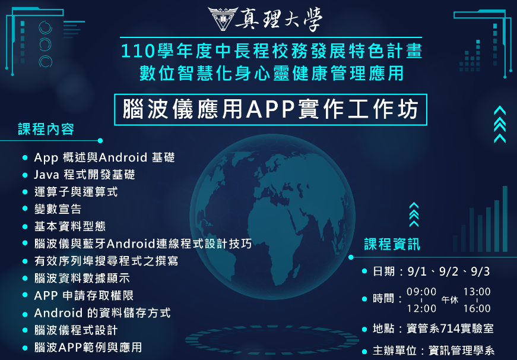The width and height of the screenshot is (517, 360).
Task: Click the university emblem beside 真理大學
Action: point(223,18)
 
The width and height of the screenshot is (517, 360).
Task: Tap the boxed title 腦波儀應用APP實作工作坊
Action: point(270,109)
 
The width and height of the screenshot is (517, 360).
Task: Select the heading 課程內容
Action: point(46,129)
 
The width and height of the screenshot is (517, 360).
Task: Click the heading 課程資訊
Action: point(392,244)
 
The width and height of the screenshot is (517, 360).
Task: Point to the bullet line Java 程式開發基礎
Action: point(84,175)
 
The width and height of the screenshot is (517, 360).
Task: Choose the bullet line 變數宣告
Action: point(58,209)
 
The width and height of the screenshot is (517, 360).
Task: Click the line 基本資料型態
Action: point(69,226)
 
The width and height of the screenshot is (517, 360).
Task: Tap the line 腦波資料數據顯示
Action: point(82,278)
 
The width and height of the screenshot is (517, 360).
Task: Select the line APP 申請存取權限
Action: point(84,295)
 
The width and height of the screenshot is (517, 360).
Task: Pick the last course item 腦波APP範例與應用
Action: point(88,347)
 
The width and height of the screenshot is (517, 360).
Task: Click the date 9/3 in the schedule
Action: point(480,271)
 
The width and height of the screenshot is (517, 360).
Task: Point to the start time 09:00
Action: point(421,292)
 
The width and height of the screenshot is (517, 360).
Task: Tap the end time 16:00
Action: point(477,308)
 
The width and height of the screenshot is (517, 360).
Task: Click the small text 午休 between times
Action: point(450,300)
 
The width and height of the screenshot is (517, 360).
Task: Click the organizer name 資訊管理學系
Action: point(461,350)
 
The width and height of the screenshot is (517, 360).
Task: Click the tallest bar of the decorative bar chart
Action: point(505,219)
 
